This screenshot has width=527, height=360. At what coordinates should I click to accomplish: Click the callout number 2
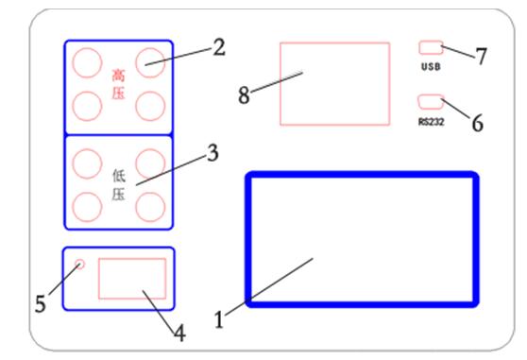point(219,47)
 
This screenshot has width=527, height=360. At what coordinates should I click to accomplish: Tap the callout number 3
point(212,153)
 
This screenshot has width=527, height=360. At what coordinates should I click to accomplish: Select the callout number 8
point(244,94)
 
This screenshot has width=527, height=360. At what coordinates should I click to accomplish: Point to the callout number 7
point(482,56)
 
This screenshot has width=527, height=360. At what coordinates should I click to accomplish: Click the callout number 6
point(478,122)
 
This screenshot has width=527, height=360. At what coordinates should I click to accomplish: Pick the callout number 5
point(41,304)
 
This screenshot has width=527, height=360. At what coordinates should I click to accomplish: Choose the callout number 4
point(179,334)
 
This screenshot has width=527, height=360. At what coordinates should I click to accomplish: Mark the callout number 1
point(219,319)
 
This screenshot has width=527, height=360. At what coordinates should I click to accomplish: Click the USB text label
point(431,66)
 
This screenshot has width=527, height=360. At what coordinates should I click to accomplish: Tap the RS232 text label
point(432,122)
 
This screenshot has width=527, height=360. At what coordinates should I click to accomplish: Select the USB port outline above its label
point(431,47)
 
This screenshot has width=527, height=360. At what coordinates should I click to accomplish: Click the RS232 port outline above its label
point(431,102)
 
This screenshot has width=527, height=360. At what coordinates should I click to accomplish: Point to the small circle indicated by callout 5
point(79,265)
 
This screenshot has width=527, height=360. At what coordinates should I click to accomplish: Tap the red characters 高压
point(118,84)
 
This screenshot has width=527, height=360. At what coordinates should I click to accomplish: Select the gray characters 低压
point(119,185)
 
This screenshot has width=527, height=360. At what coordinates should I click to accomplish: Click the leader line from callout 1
point(269,286)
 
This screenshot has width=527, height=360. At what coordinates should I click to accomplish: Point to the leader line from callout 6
point(456,109)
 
